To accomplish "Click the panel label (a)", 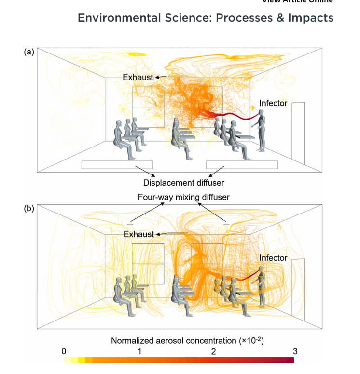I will point(29,53).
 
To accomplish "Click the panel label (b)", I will point(29,210).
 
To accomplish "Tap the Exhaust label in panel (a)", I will point(138,77).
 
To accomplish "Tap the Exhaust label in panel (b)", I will point(138,234).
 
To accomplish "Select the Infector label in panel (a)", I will point(273,103).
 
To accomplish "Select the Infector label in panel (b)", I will point(273,258).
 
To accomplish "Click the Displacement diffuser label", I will point(184,183).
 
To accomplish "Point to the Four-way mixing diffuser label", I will point(184,197).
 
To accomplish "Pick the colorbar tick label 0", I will point(64,351).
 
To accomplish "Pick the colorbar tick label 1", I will point(139,351).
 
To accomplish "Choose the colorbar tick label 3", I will point(295,351).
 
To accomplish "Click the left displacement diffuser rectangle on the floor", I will point(117,165).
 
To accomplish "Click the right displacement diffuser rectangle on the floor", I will point(242,165).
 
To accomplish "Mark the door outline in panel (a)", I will point(298,130).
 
